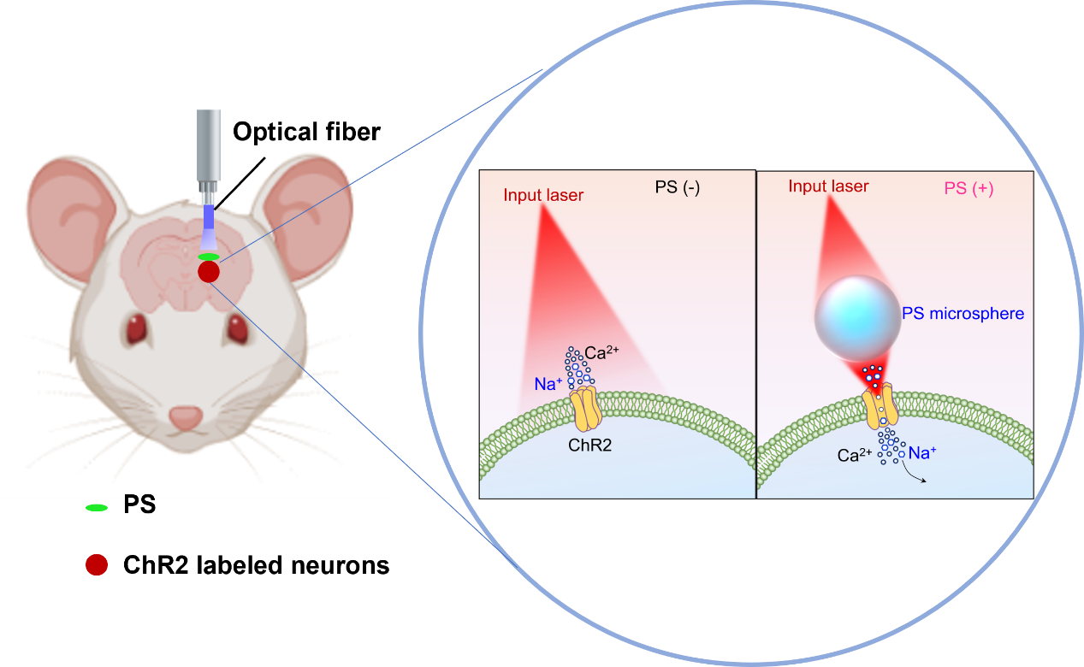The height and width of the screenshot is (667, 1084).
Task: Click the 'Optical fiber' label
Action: (307, 132)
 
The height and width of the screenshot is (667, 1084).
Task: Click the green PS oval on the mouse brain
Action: (209, 257)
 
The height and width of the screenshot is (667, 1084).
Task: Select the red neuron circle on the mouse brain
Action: (209, 272)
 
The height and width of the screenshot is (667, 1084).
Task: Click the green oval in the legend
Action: (97, 508)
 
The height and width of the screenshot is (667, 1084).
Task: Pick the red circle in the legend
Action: (97, 564)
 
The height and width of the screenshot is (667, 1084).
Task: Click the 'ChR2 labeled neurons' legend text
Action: (256, 565)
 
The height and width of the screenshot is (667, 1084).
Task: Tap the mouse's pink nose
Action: (186, 418)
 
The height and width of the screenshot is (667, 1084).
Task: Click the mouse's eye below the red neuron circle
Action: (238, 328)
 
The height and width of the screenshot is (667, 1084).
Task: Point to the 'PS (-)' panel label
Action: (677, 187)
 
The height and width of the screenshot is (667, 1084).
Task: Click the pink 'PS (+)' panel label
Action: (968, 188)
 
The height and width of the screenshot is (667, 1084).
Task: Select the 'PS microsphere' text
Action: (963, 314)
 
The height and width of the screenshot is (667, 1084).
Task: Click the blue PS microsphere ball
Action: (857, 318)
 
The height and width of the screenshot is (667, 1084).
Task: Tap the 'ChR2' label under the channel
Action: (589, 445)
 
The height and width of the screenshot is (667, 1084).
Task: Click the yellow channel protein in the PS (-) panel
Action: (585, 408)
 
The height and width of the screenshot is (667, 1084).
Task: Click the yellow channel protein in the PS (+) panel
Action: (880, 405)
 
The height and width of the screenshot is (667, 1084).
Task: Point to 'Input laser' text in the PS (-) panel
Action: (543, 195)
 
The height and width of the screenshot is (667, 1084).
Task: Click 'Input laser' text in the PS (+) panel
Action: (828, 186)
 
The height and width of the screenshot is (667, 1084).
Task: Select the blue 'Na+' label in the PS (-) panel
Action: (548, 384)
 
